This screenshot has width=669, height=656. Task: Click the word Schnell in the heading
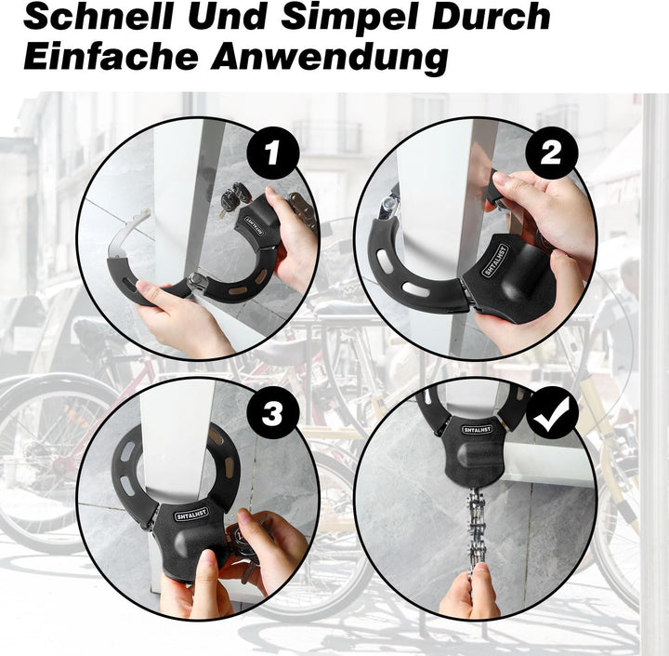click(x=99, y=16)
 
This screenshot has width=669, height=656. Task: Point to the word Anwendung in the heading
click(x=329, y=59)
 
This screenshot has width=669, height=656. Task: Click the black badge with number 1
click(x=272, y=153)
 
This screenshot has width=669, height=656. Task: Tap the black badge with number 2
click(x=551, y=153)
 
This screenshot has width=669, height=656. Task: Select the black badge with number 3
click(x=272, y=413)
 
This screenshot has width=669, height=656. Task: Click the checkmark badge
click(x=551, y=413)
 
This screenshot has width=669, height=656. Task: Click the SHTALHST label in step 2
click(x=495, y=261)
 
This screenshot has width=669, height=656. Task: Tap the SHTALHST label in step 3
click(x=191, y=514)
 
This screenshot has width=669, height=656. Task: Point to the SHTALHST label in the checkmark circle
click(x=477, y=429)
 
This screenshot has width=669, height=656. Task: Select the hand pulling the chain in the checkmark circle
click(x=470, y=591)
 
